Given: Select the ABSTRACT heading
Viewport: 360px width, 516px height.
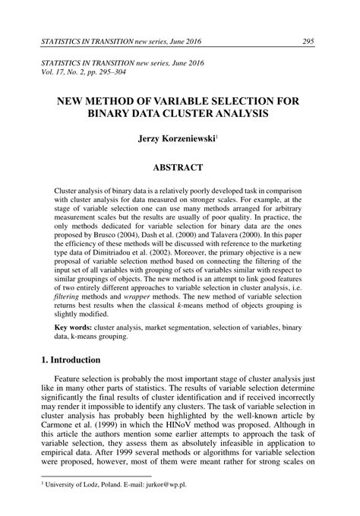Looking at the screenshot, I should point(180,166).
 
